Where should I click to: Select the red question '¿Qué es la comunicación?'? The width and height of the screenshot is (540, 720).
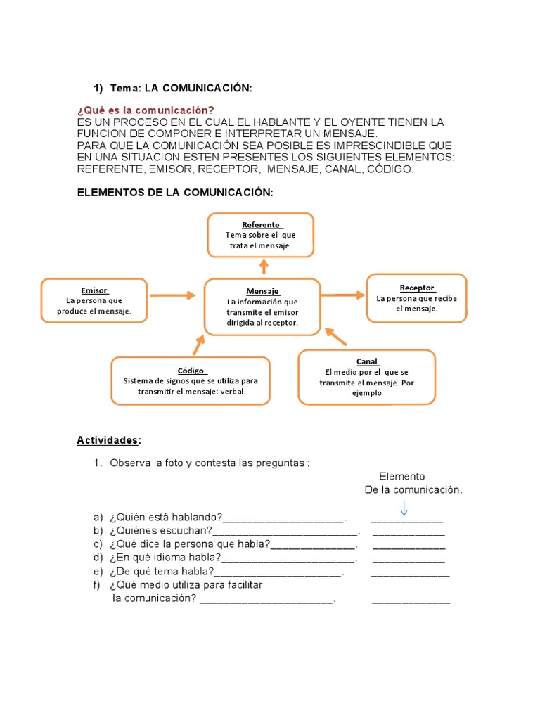[145, 110]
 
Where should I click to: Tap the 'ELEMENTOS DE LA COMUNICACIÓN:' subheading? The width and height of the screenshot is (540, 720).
[174, 193]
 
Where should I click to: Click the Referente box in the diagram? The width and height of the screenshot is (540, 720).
[260, 235]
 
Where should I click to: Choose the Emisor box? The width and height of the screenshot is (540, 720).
[94, 300]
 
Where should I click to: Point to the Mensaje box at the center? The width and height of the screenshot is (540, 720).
[262, 307]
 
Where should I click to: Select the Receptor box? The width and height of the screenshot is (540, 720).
[416, 298]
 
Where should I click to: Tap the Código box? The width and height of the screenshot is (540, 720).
[190, 380]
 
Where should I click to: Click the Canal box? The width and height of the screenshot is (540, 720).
[366, 377]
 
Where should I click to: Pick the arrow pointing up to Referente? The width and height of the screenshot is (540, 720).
[264, 266]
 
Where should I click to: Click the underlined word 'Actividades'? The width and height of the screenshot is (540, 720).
[108, 440]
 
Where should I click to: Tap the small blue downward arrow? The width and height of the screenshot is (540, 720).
[404, 508]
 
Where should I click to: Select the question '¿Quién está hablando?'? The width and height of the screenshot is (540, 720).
[166, 518]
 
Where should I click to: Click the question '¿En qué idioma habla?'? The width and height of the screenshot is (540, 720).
[165, 558]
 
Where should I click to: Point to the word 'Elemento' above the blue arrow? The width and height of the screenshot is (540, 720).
[401, 476]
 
